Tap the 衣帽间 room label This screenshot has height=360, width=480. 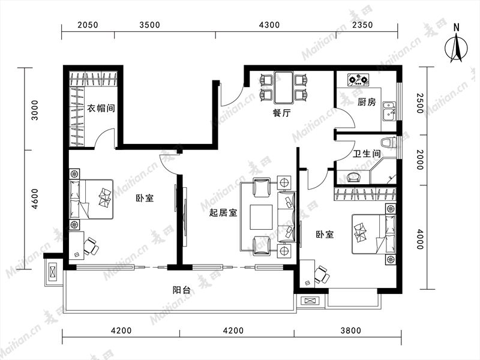click(x=101, y=108)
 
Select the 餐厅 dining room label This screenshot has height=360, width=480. click(x=281, y=113)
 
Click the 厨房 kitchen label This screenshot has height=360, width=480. click(x=367, y=102)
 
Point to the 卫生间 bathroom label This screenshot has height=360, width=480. click(x=367, y=154)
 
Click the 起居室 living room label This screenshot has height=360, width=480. click(x=223, y=212)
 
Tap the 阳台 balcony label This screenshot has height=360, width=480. click(x=182, y=290)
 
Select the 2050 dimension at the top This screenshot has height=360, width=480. click(x=88, y=25)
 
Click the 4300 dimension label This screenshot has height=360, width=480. click(x=269, y=25)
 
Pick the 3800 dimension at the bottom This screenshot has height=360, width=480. click(x=351, y=331)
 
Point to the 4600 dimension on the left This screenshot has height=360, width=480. click(x=35, y=199)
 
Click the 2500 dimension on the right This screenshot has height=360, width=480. click(x=419, y=103)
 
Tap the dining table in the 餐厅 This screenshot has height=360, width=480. click(x=284, y=87)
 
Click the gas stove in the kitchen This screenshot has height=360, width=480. click(x=358, y=80)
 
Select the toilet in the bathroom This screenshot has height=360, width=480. click(x=388, y=143)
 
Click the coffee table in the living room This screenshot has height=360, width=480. click(x=261, y=217)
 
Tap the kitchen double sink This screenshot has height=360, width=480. click(x=389, y=110)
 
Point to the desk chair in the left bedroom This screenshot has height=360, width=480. click(x=91, y=246)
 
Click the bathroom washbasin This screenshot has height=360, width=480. click(x=354, y=178)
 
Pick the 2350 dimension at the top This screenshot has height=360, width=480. click(x=362, y=25)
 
